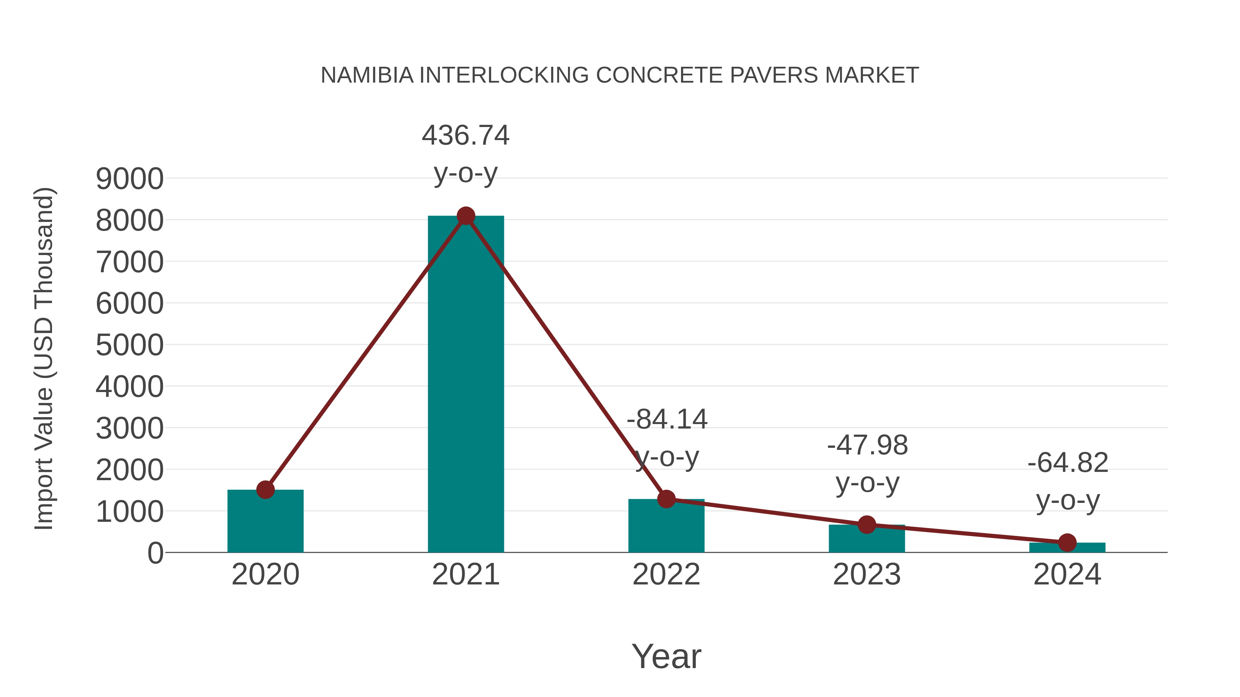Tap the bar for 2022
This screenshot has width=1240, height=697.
tap(666, 529)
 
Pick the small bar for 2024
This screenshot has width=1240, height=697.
tap(1067, 548)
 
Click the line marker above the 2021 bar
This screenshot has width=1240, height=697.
tap(465, 216)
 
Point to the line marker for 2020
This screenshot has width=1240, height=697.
tap(265, 490)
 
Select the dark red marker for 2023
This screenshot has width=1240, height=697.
tap(867, 525)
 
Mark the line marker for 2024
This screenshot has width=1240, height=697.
tap(1067, 542)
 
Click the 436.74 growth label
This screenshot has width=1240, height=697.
tap(465, 136)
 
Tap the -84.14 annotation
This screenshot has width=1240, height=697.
tap(667, 420)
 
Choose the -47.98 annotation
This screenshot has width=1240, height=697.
tap(867, 445)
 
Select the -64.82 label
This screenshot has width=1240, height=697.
tap(1068, 463)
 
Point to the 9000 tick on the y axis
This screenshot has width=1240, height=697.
tap(130, 179)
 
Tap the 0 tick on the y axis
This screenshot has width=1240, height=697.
tap(155, 553)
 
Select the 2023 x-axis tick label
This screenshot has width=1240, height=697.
tap(867, 575)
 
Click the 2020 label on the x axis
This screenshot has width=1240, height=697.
tap(265, 575)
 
